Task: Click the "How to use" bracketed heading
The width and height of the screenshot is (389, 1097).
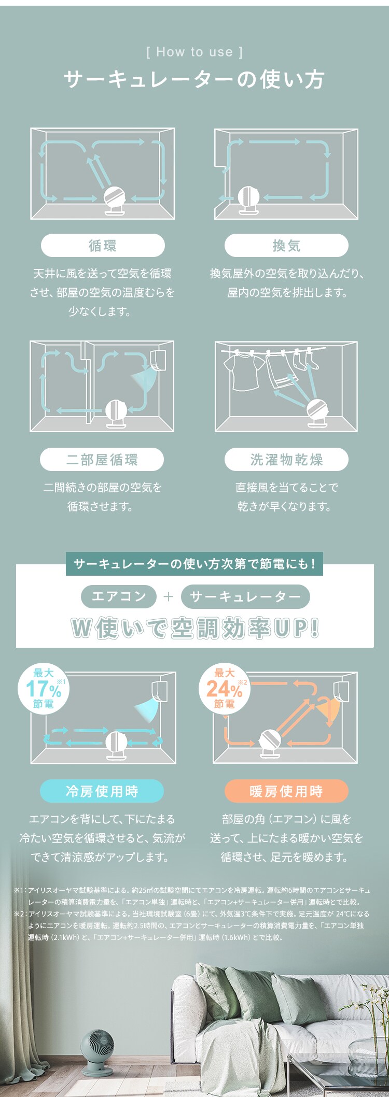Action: point(195,52)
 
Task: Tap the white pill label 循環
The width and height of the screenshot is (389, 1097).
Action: point(103,245)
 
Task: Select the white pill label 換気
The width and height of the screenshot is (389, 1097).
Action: point(286,245)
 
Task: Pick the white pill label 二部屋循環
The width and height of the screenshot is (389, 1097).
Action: point(102,460)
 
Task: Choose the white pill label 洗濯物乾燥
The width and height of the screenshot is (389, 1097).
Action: point(286,460)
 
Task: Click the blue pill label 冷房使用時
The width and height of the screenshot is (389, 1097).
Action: point(102,791)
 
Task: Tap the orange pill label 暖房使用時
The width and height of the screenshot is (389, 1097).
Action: point(286,791)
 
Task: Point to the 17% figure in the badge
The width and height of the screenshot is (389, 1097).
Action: point(44,689)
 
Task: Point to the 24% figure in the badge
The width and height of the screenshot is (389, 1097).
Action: point(225,689)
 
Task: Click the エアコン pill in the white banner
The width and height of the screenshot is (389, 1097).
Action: point(119,596)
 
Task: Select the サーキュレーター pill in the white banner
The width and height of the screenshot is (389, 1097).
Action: point(245,596)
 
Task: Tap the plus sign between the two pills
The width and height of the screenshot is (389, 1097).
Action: point(168,596)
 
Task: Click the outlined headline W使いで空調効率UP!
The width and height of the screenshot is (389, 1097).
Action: point(195,628)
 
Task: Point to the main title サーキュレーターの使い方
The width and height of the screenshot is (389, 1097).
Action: point(195,80)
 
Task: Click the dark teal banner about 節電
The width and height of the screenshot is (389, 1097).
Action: point(195,564)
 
